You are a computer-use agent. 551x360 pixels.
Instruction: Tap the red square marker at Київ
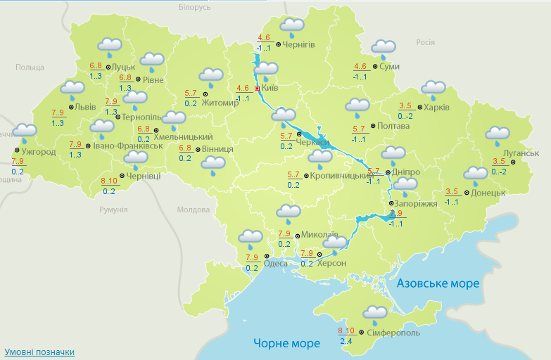(x=258, y=89)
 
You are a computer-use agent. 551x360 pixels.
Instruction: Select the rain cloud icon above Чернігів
(x=291, y=27)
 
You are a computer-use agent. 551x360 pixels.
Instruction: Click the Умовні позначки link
(x=39, y=352)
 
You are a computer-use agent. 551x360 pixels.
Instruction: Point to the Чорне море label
(x=286, y=343)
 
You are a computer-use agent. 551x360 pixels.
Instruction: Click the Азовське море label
(x=438, y=283)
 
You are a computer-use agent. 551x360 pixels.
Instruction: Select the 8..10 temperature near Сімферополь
(x=346, y=331)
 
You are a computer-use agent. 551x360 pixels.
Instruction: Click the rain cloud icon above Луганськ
(x=498, y=135)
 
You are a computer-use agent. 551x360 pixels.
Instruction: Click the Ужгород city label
(x=39, y=151)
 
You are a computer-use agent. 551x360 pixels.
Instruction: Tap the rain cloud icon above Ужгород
(x=25, y=131)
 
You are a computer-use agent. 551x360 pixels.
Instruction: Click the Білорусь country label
(x=195, y=7)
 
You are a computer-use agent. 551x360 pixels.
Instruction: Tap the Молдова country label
(x=194, y=210)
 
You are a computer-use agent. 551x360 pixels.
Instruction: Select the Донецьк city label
(x=488, y=193)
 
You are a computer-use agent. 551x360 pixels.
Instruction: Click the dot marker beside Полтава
(x=372, y=127)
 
